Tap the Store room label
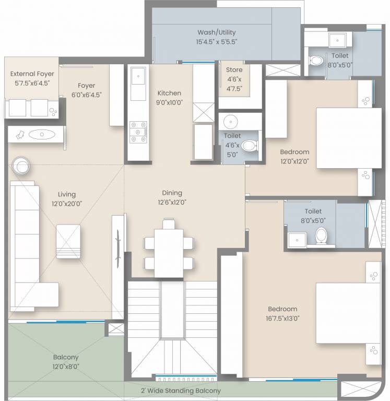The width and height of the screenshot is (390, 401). tap(234, 70)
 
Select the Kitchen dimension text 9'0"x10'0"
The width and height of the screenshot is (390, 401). tap(170, 103)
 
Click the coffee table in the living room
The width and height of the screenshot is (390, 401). tap(68, 240)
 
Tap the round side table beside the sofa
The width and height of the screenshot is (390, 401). tap(22, 166)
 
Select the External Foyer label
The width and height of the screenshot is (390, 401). tap(32, 74)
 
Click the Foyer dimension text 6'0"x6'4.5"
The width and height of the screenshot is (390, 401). tap(86, 95)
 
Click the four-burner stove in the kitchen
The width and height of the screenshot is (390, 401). tap(138, 132)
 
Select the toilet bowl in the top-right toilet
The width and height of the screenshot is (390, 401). tap(316, 60)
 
